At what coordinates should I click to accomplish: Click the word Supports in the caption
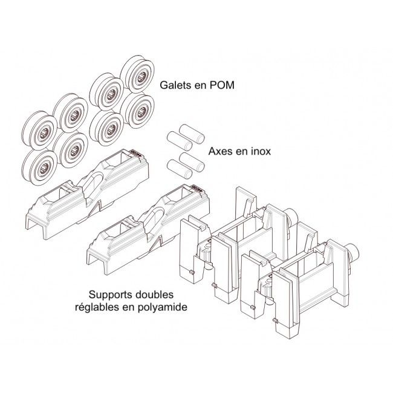(112, 295)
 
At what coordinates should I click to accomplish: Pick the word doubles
(157, 295)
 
